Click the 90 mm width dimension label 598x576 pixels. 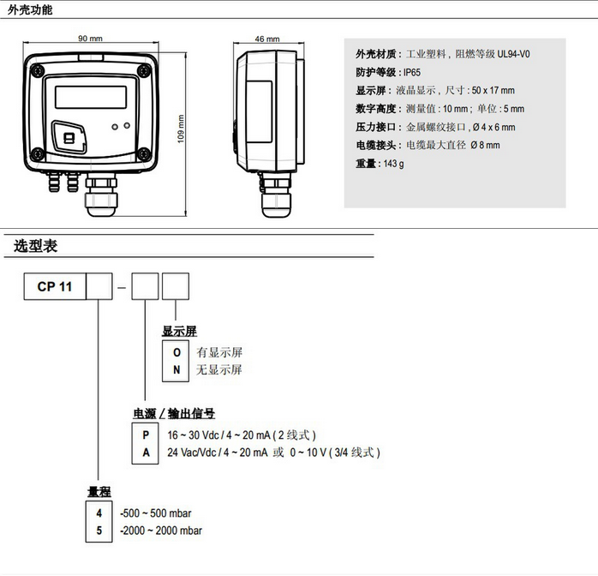[90, 39]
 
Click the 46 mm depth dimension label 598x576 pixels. [267, 39]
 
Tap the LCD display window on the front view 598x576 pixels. [89, 94]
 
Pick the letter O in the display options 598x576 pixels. [176, 352]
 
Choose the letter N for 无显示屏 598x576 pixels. [176, 369]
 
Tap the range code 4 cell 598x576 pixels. [100, 513]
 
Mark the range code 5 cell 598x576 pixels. [100, 530]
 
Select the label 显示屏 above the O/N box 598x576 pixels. [179, 331]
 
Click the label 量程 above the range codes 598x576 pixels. [99, 491]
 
